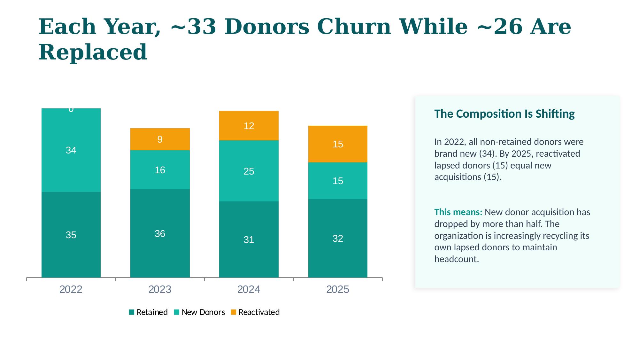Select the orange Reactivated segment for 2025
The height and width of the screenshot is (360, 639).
click(338, 144)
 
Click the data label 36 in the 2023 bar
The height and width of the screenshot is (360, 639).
click(160, 234)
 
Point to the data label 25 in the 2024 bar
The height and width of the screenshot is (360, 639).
click(249, 171)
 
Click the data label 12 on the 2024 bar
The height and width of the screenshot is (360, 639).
click(249, 126)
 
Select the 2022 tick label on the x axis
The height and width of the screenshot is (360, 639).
click(71, 289)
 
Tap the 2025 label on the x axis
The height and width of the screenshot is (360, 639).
click(338, 289)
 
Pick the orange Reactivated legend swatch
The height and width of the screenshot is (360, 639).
click(234, 312)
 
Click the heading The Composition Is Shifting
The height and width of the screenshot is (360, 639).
click(504, 114)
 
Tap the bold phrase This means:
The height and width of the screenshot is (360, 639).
click(458, 212)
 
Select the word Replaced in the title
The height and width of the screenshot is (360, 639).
click(93, 52)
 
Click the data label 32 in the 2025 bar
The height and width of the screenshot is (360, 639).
click(338, 239)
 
